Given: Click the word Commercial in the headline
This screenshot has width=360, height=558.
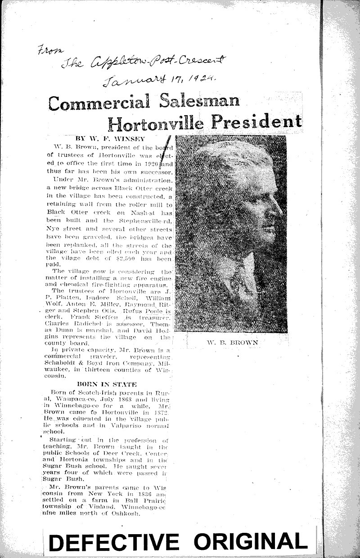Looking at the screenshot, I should point(99,103).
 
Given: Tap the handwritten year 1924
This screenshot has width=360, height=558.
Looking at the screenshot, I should point(205,77).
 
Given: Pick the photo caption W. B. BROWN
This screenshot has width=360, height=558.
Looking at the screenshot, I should point(232,342).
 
